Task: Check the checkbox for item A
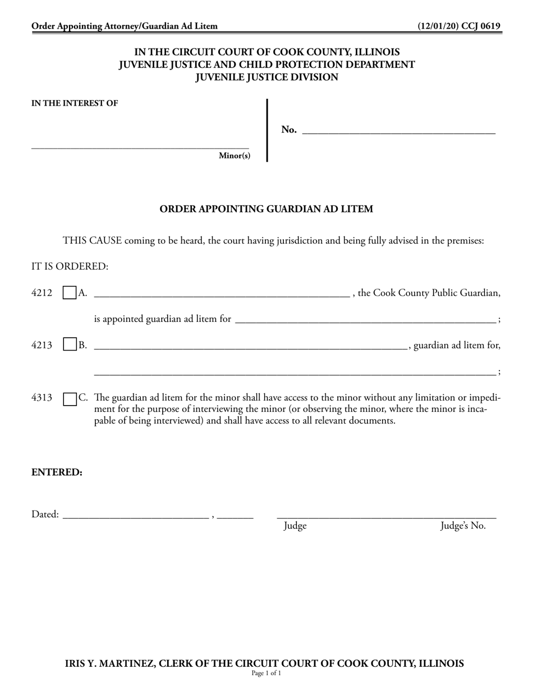tap(70, 293)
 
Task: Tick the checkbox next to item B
tap(70, 345)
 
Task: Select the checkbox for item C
tap(70, 398)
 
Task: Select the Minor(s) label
tap(235, 156)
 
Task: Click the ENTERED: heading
tap(57, 472)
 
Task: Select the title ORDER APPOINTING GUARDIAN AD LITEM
tap(266, 209)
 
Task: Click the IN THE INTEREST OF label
tap(75, 103)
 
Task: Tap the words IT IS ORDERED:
tap(70, 266)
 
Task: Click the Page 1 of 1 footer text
tap(266, 673)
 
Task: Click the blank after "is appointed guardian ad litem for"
tap(365, 320)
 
